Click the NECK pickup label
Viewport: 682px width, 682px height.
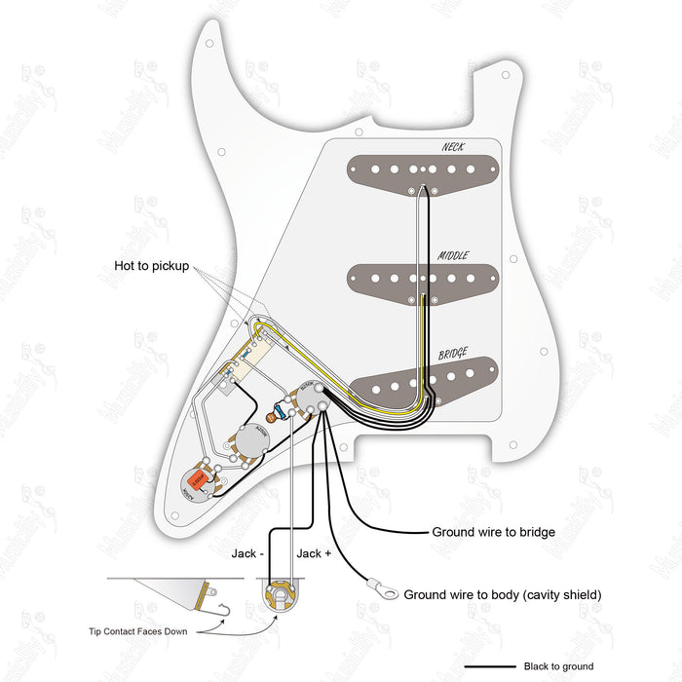452,148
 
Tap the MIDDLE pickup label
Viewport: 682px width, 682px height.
453,255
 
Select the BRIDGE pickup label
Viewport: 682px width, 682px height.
453,355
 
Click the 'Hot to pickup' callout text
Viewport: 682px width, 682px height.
151,267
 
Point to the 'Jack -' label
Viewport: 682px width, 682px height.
246,553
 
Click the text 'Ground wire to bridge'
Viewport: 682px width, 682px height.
493,533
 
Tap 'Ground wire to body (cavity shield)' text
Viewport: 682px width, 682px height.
503,594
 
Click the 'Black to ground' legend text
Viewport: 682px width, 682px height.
558,666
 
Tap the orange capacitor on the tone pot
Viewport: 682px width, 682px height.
202,479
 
